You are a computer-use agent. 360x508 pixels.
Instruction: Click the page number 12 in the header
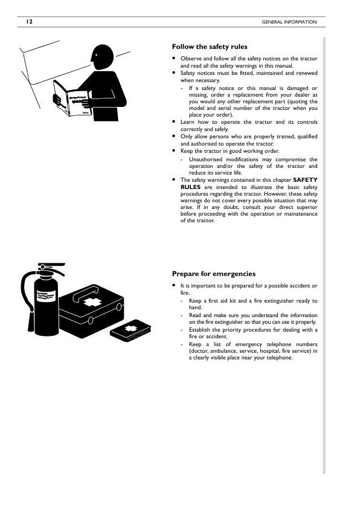pyautogui.click(x=28, y=22)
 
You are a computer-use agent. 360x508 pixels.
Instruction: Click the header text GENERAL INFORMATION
pyautogui.click(x=289, y=22)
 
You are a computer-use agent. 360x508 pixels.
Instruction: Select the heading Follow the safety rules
pyautogui.click(x=210, y=47)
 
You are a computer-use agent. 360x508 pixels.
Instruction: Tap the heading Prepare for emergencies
pyautogui.click(x=214, y=273)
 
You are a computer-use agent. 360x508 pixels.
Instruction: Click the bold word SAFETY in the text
pyautogui.click(x=305, y=180)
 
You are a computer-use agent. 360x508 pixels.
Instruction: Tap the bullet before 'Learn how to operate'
pyautogui.click(x=174, y=122)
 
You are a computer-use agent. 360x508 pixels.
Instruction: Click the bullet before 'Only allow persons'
pyautogui.click(x=174, y=137)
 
